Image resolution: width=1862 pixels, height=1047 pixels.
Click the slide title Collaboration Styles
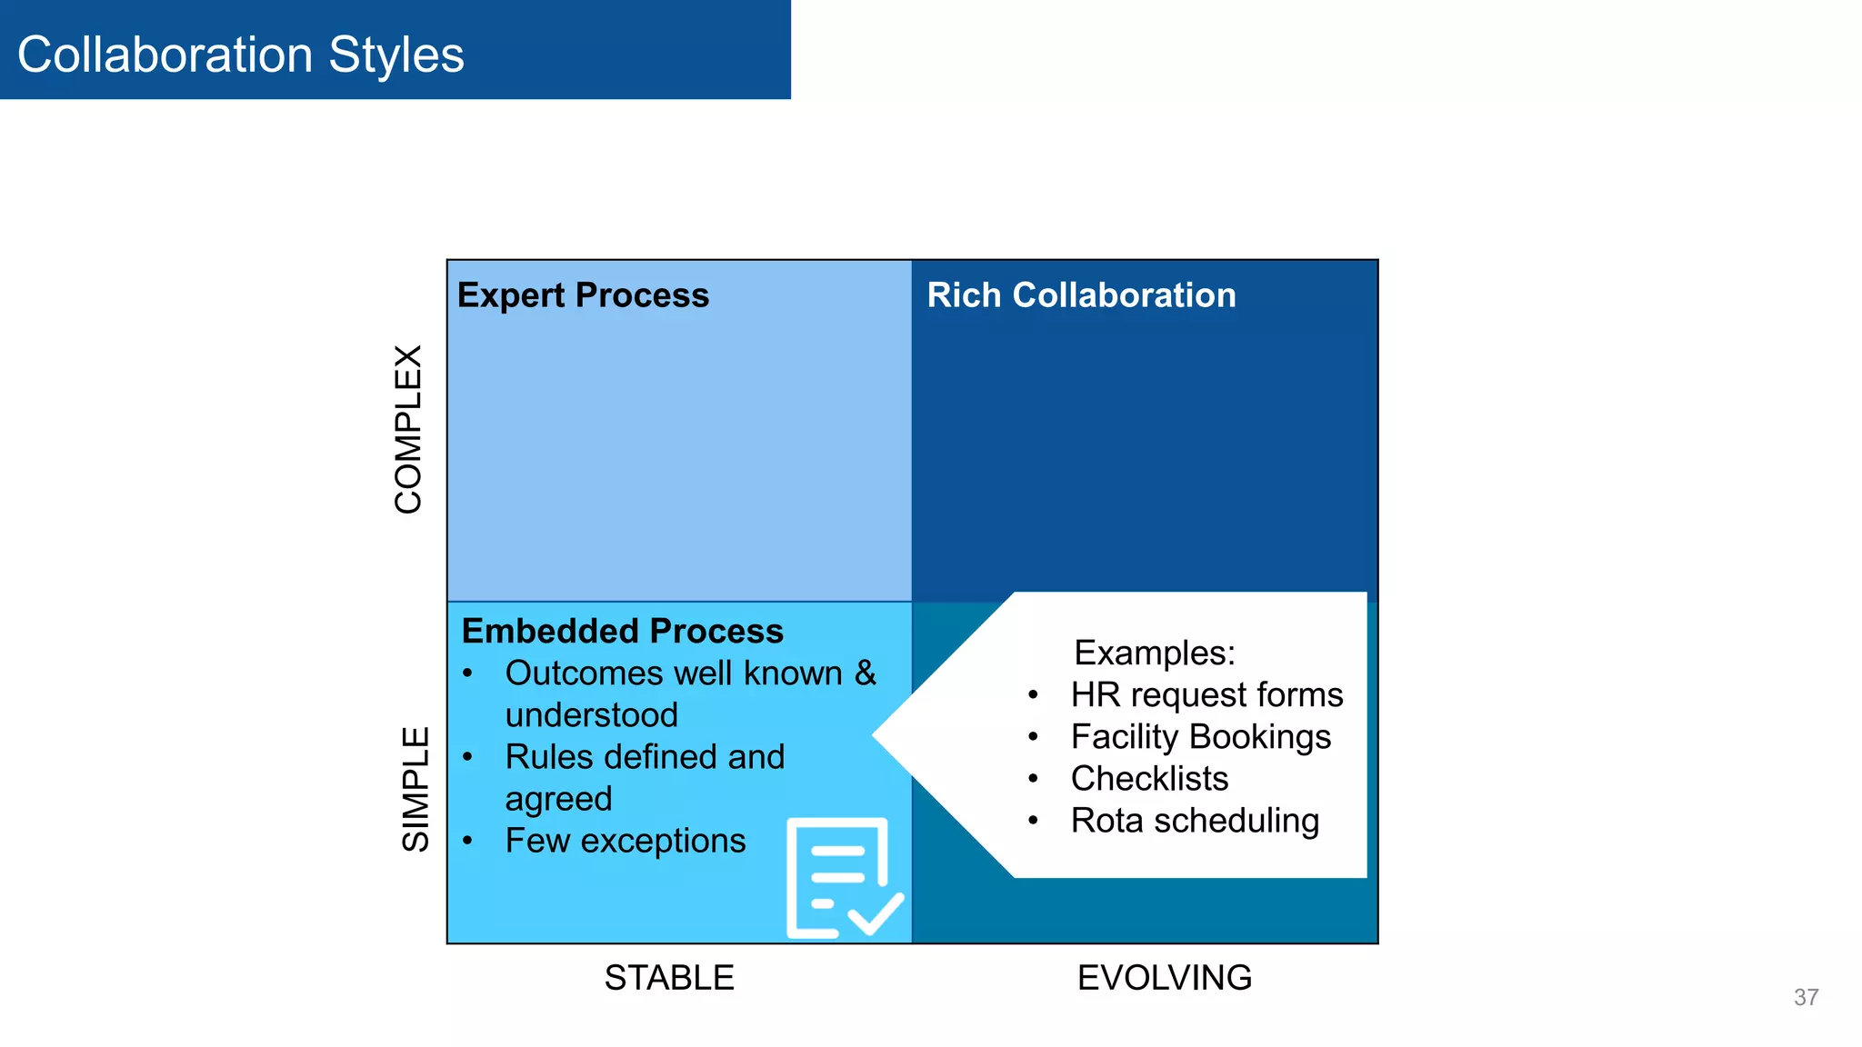click(x=241, y=55)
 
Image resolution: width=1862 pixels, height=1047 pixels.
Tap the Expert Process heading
click(x=583, y=295)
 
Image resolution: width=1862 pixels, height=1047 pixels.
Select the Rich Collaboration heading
click(x=1081, y=295)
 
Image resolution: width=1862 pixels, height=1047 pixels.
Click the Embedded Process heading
click(x=622, y=631)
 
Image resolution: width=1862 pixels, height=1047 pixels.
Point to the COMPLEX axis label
click(x=409, y=429)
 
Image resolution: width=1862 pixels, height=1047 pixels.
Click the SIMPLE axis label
click(x=415, y=788)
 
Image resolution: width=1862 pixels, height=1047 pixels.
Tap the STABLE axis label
click(x=669, y=978)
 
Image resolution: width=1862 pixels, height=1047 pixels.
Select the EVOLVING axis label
click(x=1165, y=978)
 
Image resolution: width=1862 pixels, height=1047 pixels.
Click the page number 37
click(x=1806, y=997)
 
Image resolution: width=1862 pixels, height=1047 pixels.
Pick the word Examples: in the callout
click(x=1155, y=653)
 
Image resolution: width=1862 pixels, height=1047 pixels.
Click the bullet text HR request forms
click(x=1206, y=695)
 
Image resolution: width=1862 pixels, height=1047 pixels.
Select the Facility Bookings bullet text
click(x=1200, y=737)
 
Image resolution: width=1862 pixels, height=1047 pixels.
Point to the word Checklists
click(x=1149, y=779)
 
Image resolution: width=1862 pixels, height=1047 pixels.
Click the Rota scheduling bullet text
click(x=1195, y=821)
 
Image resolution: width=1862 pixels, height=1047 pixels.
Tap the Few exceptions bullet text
click(x=626, y=841)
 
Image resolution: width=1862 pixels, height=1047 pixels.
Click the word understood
click(x=592, y=715)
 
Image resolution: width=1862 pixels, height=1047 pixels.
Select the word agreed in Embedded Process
click(x=558, y=800)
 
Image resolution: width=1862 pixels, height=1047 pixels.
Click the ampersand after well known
click(x=865, y=673)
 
